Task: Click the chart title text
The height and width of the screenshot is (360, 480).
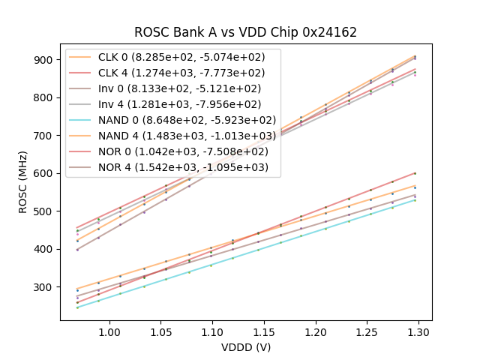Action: [x=245, y=32]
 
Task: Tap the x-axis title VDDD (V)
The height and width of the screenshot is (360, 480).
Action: [x=245, y=347]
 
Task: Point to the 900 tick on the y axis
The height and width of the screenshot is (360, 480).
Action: [x=44, y=60]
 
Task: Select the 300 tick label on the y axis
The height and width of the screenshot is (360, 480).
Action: [x=44, y=287]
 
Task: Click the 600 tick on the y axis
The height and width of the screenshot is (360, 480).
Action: [x=44, y=173]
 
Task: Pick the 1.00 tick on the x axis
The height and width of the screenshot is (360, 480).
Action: [x=110, y=331]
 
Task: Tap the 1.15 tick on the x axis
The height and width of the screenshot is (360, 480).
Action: [x=264, y=331]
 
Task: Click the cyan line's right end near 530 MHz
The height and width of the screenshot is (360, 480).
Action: [x=415, y=199]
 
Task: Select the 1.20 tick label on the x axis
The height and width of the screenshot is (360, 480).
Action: [x=316, y=331]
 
